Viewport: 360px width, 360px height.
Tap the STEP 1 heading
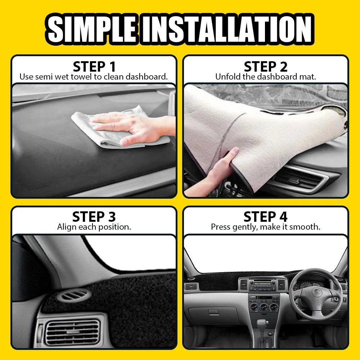click(94, 67)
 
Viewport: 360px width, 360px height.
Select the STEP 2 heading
click(266, 67)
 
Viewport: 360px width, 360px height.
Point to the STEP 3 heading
click(94, 217)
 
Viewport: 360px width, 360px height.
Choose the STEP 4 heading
click(266, 217)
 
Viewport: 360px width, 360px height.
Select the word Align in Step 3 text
click(66, 227)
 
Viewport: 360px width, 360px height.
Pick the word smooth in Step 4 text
click(306, 227)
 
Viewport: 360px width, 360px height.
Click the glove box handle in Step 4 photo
click(213, 312)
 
